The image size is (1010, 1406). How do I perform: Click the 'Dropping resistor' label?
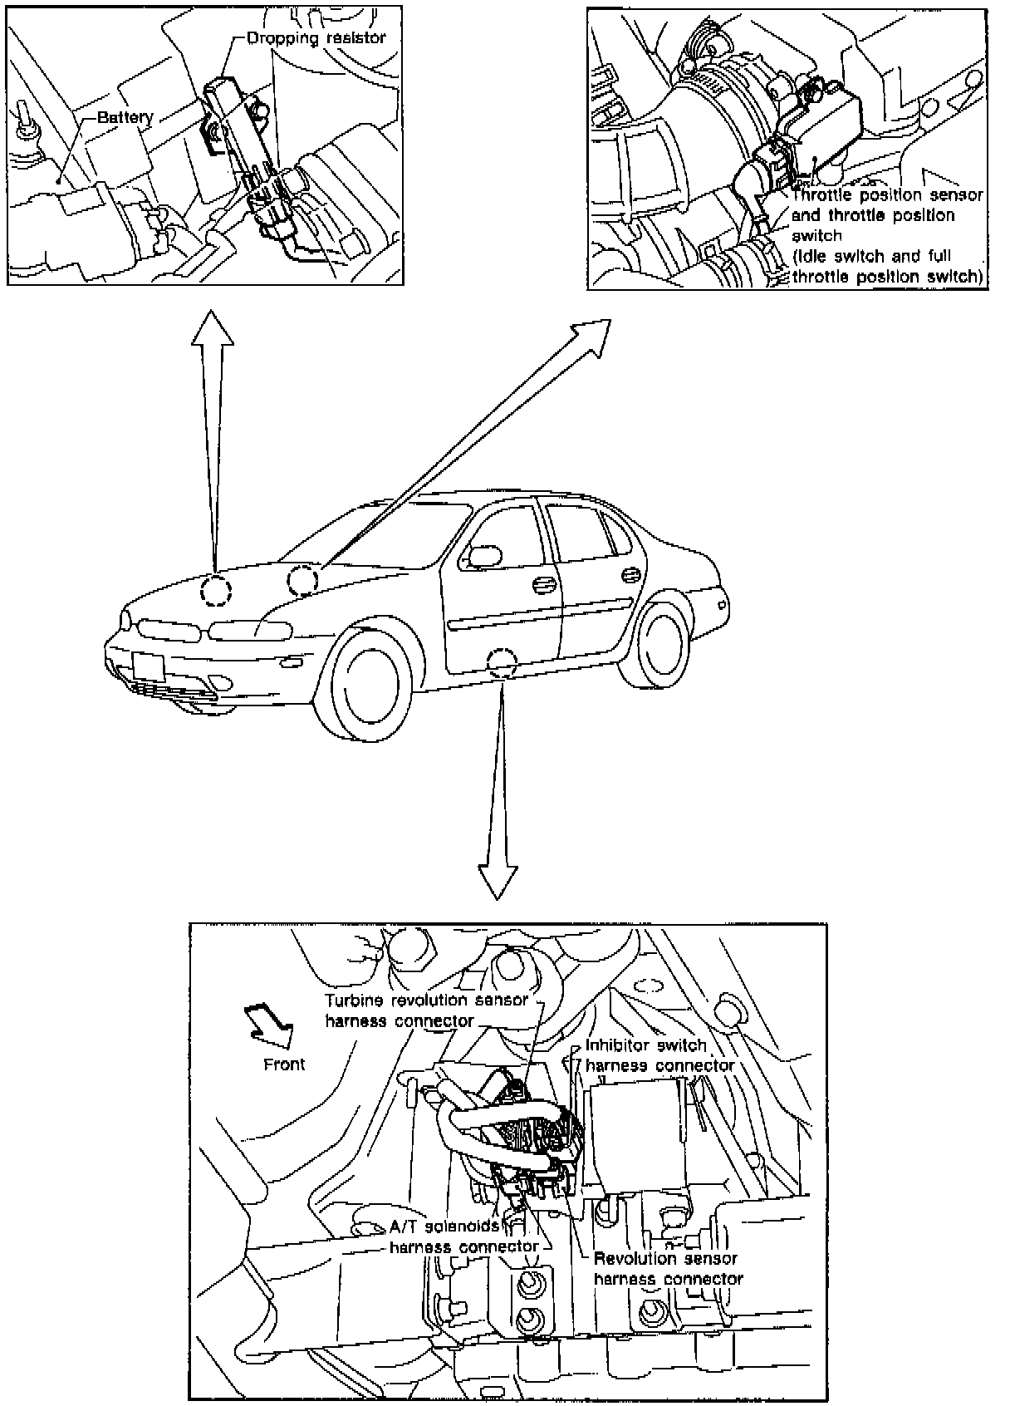pos(316,38)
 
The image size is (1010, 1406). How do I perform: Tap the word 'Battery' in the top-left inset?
pos(125,117)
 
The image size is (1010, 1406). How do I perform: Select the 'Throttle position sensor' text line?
pos(887,195)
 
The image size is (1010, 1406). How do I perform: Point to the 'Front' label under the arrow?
pos(284,1064)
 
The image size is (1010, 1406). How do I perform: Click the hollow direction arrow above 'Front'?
pos(270,1025)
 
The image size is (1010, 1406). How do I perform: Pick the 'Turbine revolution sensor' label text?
pos(426,1000)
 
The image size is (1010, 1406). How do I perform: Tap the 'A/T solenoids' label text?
pos(444,1227)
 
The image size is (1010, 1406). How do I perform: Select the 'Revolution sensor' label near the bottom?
pos(666,1259)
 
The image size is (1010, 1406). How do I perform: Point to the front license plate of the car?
pos(148,668)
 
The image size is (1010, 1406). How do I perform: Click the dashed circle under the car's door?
pos(503,661)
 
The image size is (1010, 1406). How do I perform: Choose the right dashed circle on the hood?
pos(302,578)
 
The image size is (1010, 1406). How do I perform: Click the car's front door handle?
pos(544,585)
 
